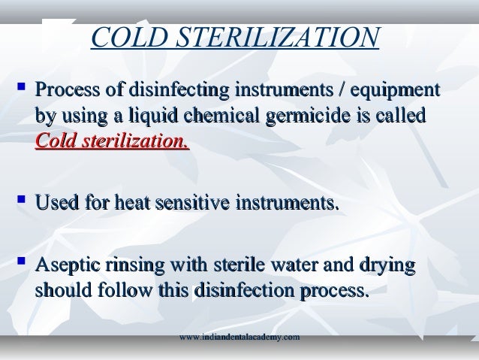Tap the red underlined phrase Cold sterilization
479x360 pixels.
(x=112, y=143)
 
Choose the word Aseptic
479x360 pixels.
(x=68, y=265)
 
